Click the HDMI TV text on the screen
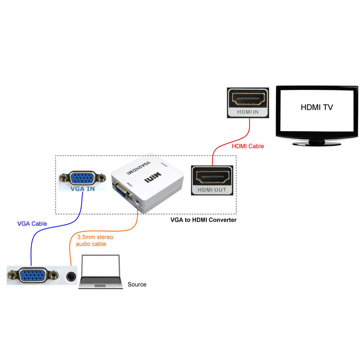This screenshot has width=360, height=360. pos(316,108)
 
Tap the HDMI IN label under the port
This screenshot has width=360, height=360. pos(247,112)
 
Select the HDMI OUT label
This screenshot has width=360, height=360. pos(212,190)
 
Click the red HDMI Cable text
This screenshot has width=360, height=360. pos(248,146)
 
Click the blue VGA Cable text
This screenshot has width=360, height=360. pos(32,224)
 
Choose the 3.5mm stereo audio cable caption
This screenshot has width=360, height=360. pos(95,240)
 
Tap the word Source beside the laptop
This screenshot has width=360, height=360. pos(137,285)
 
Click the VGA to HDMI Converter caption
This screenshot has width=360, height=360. pos(204,220)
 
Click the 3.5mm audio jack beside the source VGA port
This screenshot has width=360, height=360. pos(71,276)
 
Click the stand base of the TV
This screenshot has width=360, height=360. pos(317,143)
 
